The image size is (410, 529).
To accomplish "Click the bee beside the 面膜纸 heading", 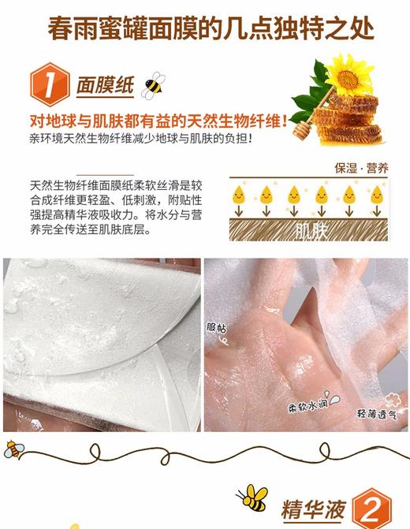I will tap(154, 84).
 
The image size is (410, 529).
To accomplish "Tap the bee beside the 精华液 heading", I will tap(254, 497).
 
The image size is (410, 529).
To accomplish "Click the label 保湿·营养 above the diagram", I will tap(365, 167).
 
